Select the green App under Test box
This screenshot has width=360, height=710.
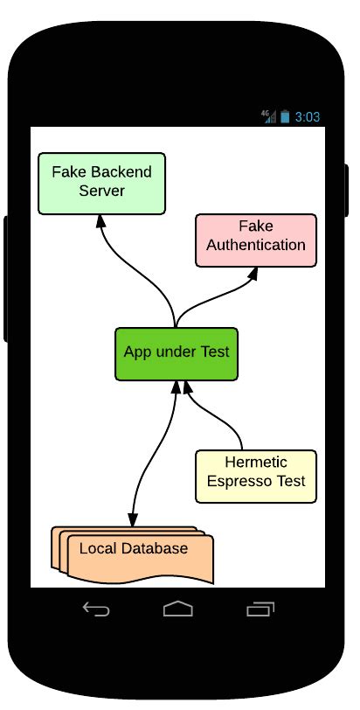click(x=177, y=352)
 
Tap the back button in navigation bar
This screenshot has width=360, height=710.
click(x=95, y=609)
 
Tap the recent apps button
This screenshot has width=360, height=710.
click(x=260, y=609)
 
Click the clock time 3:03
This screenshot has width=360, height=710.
click(x=307, y=116)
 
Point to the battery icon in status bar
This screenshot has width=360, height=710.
click(x=285, y=116)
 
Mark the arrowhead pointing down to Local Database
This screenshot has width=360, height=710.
click(x=133, y=519)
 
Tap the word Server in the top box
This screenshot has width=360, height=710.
click(x=101, y=191)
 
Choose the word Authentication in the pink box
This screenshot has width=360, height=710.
click(x=255, y=245)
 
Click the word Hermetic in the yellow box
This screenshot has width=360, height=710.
click(x=255, y=463)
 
